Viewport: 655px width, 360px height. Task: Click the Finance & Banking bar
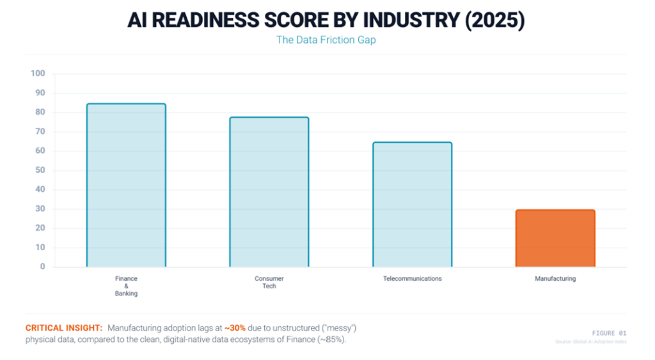pos(126,185)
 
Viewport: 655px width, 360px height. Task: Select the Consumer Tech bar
pos(269,192)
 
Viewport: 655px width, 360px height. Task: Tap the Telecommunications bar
pos(412,205)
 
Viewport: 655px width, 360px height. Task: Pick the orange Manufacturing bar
pos(555,238)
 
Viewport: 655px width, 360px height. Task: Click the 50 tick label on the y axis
pos(40,170)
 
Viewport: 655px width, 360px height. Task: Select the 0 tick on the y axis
pos(43,267)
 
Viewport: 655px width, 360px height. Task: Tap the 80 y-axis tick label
pos(40,113)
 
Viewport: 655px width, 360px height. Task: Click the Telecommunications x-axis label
pos(412,279)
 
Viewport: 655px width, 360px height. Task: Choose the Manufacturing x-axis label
pos(555,279)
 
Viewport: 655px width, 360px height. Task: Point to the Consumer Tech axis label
pos(269,283)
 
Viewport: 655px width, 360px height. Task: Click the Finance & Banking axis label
pos(126,286)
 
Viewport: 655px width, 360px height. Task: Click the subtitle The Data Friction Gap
pos(327,40)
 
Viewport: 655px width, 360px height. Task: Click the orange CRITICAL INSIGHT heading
pos(64,328)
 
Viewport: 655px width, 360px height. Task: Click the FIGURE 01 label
pos(608,333)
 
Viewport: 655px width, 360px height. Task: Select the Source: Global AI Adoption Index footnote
pos(591,343)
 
